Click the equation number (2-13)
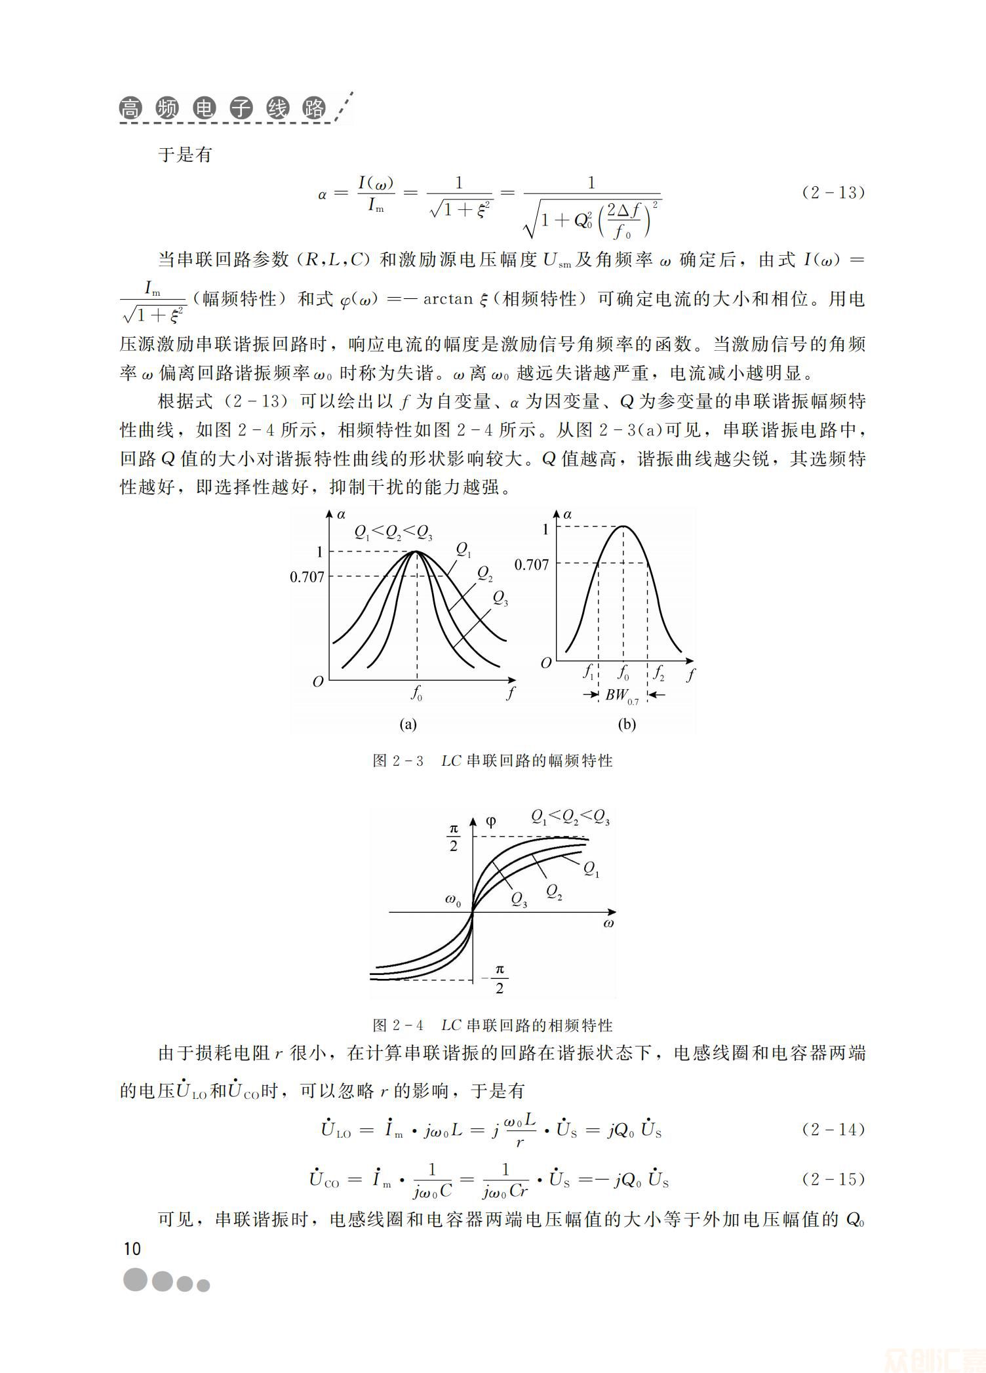[x=833, y=192]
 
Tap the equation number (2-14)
[x=833, y=1129]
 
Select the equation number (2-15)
[x=833, y=1179]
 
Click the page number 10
[x=132, y=1248]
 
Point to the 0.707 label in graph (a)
[x=307, y=576]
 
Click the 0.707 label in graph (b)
[x=531, y=564]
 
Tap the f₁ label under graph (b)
[x=588, y=673]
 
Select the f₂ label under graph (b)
[x=658, y=673]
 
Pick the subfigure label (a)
[x=408, y=724]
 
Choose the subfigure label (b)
[x=627, y=724]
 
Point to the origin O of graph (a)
[x=318, y=682]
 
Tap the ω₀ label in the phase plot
[x=453, y=901]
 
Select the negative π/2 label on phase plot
[x=496, y=979]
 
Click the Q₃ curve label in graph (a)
[x=500, y=598]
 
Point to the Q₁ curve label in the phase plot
[x=591, y=869]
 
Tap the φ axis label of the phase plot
[x=490, y=822]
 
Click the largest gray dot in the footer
[x=136, y=1279]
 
